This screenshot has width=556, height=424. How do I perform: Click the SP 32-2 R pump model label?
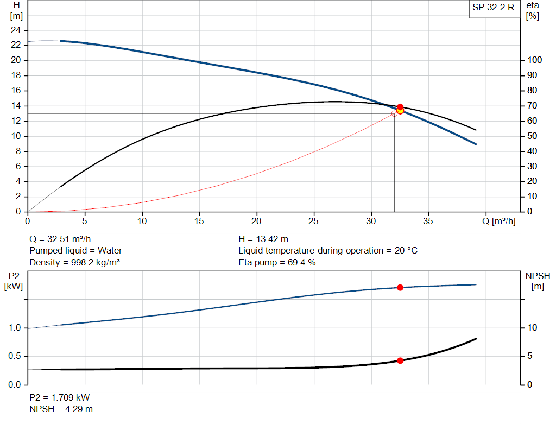[x=494, y=9]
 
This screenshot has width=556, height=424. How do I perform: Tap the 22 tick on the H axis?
[x=16, y=45]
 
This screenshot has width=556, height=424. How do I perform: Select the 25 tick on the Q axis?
[x=314, y=221]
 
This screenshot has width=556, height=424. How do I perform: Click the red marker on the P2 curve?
[x=400, y=287]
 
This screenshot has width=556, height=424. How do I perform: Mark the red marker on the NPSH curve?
[x=400, y=360]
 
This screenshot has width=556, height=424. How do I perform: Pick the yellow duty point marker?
[x=400, y=111]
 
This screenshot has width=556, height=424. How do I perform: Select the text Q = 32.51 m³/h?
[x=60, y=239]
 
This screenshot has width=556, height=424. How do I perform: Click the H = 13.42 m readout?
[x=263, y=239]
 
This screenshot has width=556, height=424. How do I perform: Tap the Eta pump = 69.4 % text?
[x=277, y=263]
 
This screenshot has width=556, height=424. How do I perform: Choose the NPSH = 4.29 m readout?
[x=61, y=409]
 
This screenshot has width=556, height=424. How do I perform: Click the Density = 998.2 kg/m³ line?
[x=74, y=263]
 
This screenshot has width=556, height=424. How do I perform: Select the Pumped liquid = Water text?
[x=75, y=251]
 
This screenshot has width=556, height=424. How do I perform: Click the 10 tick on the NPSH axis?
[x=533, y=328]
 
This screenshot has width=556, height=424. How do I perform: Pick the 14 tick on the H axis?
[x=16, y=106]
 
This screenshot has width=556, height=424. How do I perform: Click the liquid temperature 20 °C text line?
[x=328, y=251]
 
